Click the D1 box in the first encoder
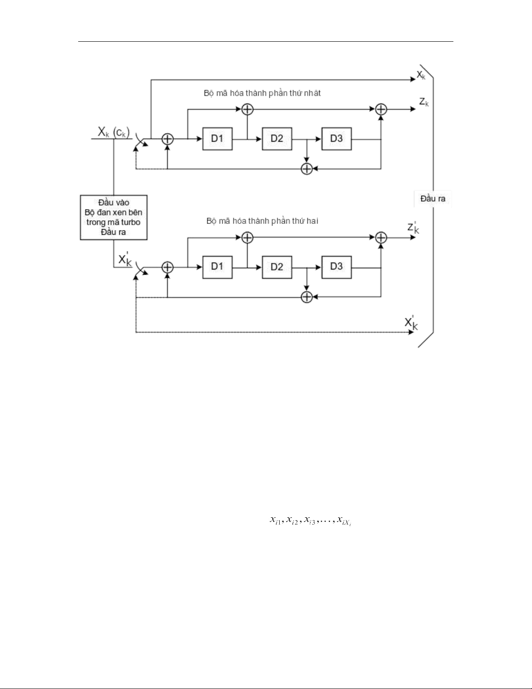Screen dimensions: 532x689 217,139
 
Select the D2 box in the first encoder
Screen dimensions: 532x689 277,139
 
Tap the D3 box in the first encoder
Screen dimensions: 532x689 336,139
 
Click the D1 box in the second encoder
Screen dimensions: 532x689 217,267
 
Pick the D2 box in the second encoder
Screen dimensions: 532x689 277,267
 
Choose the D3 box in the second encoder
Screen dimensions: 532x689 336,267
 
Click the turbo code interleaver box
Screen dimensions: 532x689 114,217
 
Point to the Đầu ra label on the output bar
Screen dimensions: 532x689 433,199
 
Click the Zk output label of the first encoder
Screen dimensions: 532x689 424,102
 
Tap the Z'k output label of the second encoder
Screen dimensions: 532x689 413,227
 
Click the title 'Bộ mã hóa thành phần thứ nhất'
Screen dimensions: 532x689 262,93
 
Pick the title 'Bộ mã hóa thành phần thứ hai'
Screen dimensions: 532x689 262,221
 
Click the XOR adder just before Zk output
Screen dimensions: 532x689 381,109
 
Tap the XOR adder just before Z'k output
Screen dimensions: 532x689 381,237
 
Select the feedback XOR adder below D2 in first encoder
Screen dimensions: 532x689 307,169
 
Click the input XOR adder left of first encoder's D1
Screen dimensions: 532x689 168,139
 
